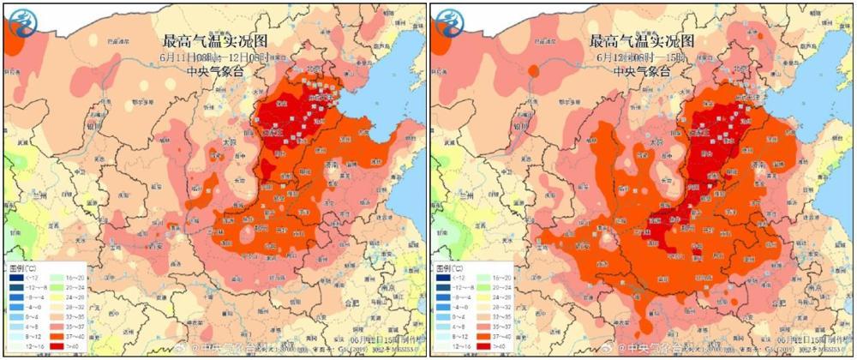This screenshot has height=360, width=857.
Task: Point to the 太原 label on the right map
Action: (656, 142)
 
